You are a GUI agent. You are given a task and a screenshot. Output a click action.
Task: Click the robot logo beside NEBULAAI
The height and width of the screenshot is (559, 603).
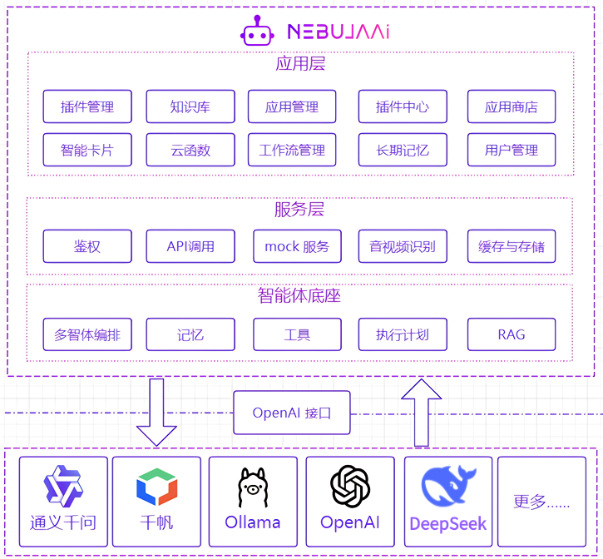(x=257, y=31)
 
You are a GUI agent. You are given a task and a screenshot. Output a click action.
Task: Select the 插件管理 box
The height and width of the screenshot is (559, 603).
(x=87, y=106)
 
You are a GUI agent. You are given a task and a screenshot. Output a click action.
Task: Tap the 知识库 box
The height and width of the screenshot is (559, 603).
(x=190, y=106)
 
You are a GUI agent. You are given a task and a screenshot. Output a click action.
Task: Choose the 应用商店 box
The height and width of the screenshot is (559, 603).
(x=512, y=106)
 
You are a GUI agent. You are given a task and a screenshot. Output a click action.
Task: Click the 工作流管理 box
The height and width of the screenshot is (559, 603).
(x=292, y=151)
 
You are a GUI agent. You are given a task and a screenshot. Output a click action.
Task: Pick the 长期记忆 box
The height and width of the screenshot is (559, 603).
(x=403, y=151)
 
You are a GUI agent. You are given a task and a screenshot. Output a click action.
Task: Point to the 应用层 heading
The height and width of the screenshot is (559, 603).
(x=299, y=64)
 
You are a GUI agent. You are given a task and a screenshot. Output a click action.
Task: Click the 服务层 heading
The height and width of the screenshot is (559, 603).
(x=299, y=210)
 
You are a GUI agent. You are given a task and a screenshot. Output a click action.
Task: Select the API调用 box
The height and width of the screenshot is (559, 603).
(x=190, y=246)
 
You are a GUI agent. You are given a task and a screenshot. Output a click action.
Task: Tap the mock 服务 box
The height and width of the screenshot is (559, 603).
(x=297, y=246)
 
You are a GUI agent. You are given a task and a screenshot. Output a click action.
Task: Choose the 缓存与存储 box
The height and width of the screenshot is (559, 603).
(x=512, y=246)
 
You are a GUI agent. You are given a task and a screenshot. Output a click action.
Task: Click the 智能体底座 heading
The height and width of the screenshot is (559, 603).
(x=299, y=295)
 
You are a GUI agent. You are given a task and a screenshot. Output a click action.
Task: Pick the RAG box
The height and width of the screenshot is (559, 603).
(x=512, y=335)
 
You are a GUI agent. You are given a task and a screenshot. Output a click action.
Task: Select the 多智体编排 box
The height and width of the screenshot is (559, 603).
(x=87, y=335)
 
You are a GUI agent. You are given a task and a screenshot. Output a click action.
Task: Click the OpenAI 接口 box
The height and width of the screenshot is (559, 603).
(x=291, y=413)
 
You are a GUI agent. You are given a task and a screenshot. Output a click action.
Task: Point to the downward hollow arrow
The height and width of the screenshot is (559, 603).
(x=156, y=413)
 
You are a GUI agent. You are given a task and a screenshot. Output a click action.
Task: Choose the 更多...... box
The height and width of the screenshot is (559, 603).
(x=541, y=502)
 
